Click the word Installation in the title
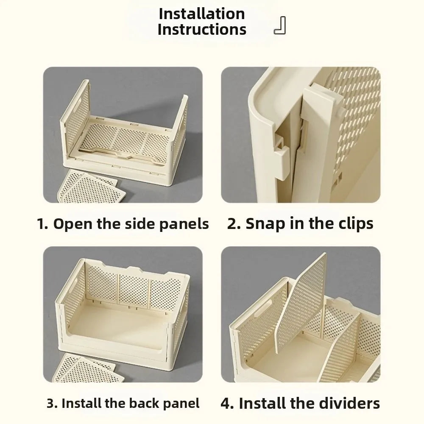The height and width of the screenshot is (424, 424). pos(202,14)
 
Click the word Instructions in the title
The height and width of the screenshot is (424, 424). pos(202,29)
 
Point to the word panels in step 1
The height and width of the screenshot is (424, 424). pos(184,224)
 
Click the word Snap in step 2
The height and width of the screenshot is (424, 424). pos(265,224)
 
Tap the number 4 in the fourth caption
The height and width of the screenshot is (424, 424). pos(227,404)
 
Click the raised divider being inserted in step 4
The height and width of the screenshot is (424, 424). pos(300,303)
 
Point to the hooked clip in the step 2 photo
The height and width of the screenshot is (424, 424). pos(281,156)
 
